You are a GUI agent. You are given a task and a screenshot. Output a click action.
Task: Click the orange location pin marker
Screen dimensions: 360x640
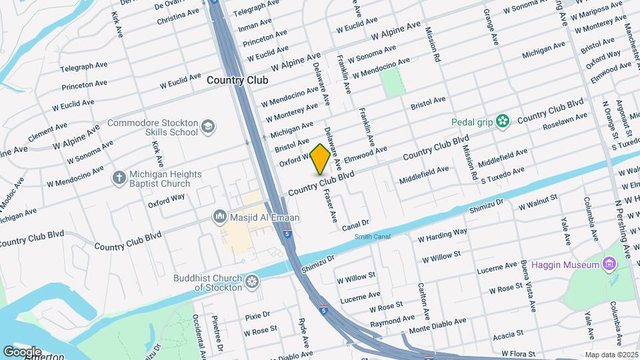point(321,159)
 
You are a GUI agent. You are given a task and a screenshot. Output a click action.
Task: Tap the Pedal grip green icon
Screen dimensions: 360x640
point(503,121)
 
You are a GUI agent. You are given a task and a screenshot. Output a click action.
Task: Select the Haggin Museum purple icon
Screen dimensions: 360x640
point(607,265)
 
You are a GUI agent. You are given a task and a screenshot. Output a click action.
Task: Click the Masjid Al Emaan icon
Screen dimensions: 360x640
point(219,217)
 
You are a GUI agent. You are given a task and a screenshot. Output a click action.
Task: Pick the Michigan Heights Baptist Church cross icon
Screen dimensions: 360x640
point(119,178)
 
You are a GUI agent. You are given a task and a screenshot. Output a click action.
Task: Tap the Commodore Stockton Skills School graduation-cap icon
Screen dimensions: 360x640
point(209,127)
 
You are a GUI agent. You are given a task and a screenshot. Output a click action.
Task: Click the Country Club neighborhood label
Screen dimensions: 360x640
point(237,80)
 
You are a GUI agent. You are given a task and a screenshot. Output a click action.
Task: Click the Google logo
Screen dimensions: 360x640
point(22,351)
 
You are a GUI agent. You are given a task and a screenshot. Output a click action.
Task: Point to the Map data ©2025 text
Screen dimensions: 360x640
point(610,355)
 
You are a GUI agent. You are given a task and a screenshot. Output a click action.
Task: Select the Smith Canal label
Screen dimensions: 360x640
point(372,237)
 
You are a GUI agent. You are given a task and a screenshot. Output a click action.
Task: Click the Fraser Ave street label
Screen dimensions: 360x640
point(329,206)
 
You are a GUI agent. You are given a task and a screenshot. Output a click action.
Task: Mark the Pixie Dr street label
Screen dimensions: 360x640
point(257,314)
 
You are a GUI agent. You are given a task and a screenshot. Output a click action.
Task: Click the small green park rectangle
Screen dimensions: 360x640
point(393,82)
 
